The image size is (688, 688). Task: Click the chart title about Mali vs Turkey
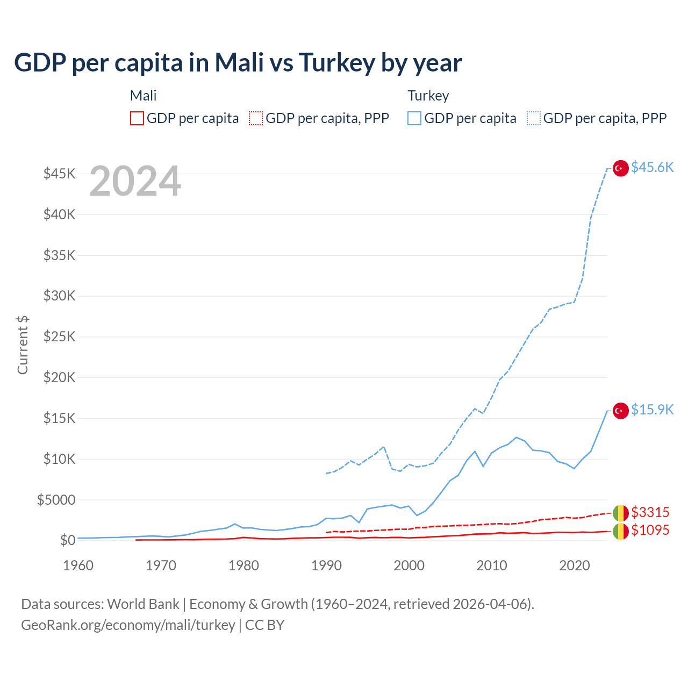[x=238, y=63]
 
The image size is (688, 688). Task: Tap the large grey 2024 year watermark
[x=135, y=181]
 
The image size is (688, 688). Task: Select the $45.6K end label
[x=652, y=167]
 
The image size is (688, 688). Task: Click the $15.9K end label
[x=652, y=410]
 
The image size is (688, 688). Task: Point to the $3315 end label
[x=650, y=512]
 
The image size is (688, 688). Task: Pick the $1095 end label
[x=650, y=530]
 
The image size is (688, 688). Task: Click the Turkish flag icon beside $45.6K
[x=621, y=168]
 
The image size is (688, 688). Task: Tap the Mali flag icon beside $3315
[x=621, y=513]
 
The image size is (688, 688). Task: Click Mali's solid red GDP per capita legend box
[x=137, y=118]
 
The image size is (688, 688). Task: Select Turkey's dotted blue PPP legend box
[x=534, y=118]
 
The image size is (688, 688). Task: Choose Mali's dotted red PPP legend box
[x=256, y=118]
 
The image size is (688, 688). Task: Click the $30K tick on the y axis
[x=60, y=296]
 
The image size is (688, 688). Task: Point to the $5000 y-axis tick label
[x=56, y=500]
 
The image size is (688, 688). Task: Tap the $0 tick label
[x=67, y=540]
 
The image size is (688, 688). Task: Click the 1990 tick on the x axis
[x=326, y=565]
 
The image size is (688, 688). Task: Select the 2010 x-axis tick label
[x=492, y=565]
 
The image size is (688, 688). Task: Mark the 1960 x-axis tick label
[x=78, y=565]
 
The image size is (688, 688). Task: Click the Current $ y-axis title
[x=23, y=345]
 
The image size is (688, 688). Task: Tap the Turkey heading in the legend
[x=428, y=96]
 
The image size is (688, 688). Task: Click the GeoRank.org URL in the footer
[x=128, y=625]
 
